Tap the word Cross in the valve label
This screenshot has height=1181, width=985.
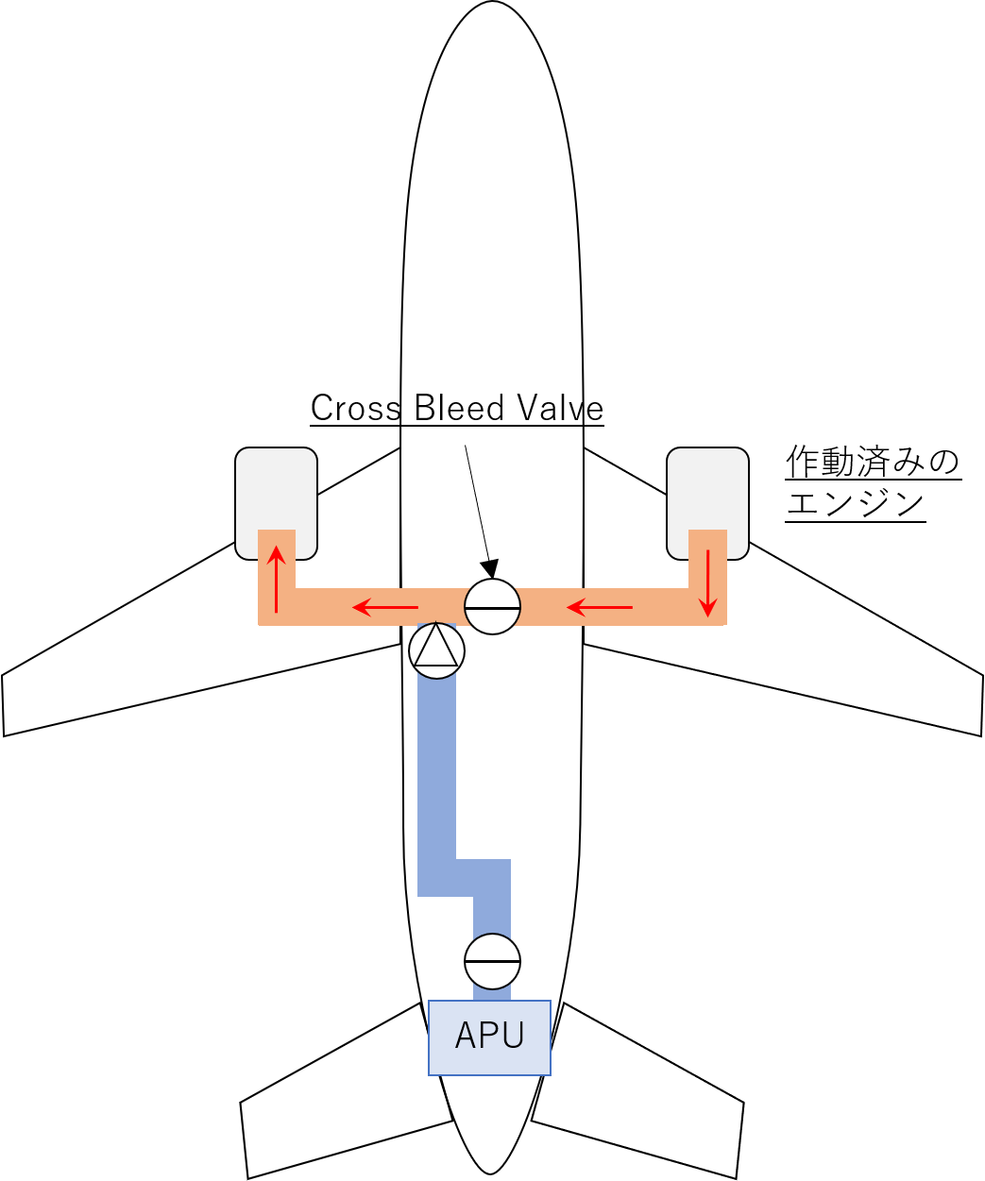[355, 408]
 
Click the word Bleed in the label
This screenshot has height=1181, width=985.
[459, 408]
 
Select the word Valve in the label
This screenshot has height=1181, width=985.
[560, 408]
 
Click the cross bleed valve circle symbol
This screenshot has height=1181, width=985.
[492, 606]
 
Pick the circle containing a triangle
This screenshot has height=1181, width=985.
[436, 651]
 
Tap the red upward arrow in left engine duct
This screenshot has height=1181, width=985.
[276, 580]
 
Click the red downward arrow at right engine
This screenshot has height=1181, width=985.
[707, 583]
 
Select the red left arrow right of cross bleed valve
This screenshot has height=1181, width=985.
[600, 608]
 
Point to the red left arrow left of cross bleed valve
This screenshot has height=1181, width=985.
[385, 608]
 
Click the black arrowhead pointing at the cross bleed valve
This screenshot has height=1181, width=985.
[490, 568]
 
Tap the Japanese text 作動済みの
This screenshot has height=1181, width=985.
[873, 462]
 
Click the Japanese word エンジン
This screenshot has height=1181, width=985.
[856, 503]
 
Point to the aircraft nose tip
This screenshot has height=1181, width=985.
[492, 2]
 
